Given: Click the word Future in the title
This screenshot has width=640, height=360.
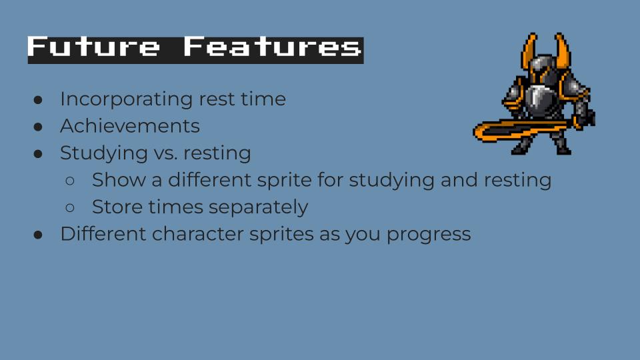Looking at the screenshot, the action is [93, 47].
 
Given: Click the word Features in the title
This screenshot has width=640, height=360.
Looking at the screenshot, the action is [272, 47].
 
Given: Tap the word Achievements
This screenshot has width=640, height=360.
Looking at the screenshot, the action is [130, 126].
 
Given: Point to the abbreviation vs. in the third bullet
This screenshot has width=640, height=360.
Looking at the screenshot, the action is [166, 153].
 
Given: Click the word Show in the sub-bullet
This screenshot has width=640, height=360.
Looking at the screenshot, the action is [119, 180].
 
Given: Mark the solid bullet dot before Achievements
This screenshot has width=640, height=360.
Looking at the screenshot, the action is [38, 127].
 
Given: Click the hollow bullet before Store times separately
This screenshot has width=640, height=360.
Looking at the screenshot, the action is [70, 208].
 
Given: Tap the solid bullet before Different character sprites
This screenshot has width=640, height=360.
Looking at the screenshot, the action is [38, 235].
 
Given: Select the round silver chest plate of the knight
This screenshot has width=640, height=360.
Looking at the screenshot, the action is [539, 98].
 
